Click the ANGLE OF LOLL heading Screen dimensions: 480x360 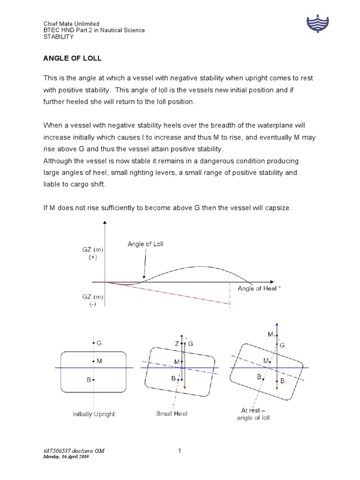(x=73, y=59)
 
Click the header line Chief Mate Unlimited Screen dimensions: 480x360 (x=71, y=24)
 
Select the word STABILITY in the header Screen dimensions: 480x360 (x=57, y=37)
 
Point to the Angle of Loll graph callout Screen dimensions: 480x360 (x=145, y=244)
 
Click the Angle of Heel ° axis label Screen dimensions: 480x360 (x=259, y=288)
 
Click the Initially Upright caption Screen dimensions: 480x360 (x=94, y=414)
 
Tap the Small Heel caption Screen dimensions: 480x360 (x=172, y=414)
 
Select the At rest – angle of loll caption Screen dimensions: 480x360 (x=253, y=413)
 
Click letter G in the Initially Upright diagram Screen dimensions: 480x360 (x=98, y=343)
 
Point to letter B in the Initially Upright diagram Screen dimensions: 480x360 (x=88, y=380)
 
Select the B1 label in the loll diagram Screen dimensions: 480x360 (x=284, y=382)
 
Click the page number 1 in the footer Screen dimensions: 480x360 (x=180, y=451)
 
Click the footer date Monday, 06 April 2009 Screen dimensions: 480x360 (x=66, y=457)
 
